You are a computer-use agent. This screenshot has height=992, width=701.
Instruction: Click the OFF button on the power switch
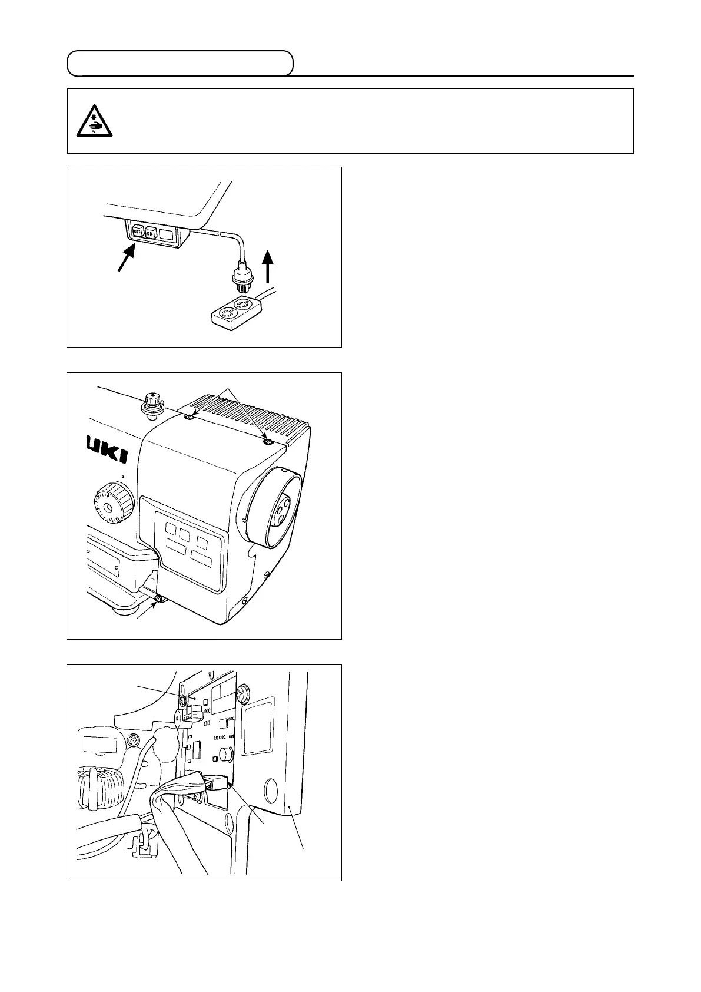point(137,232)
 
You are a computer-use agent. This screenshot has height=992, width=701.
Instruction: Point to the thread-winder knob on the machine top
point(151,404)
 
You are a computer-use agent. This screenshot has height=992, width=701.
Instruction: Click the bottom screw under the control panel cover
point(158,600)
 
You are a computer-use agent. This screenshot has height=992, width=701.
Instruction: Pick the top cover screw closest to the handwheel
point(268,441)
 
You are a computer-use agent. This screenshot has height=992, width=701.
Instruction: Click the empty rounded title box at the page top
point(180,64)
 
